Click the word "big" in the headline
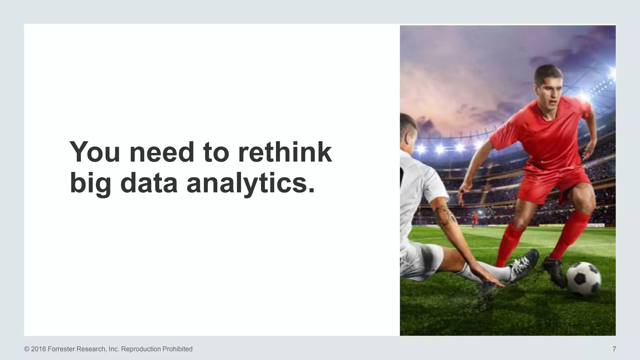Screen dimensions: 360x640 pos(90,184)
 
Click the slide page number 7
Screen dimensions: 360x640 pos(614,349)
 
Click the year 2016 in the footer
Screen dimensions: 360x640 pos(38,349)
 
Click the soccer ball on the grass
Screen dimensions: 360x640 pos(583,279)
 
